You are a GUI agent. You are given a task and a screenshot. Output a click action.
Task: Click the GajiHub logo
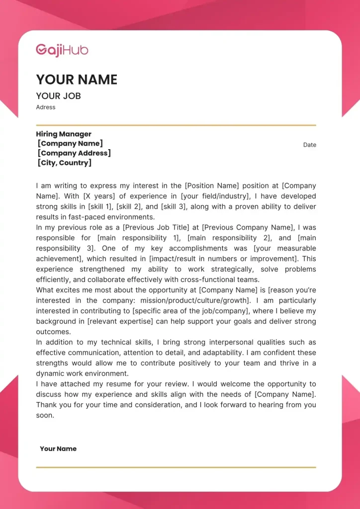62,50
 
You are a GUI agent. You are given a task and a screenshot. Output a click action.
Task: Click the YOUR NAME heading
77,80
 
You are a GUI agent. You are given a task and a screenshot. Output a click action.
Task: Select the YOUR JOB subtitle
58,96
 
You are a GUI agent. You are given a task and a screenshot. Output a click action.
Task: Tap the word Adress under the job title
46,107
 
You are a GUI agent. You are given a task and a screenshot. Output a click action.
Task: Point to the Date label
310,145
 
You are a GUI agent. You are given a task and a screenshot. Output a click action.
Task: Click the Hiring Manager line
64,134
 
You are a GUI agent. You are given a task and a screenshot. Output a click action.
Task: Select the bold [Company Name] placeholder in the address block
70,144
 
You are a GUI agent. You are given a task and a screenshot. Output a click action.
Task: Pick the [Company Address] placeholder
74,153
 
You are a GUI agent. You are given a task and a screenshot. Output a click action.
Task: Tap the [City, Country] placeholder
65,163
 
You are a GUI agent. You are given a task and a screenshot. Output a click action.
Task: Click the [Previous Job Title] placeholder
157,228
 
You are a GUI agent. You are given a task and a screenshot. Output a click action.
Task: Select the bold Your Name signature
58,449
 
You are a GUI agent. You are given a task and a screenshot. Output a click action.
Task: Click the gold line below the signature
176,467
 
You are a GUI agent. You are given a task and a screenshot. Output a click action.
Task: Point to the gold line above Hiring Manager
176,125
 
